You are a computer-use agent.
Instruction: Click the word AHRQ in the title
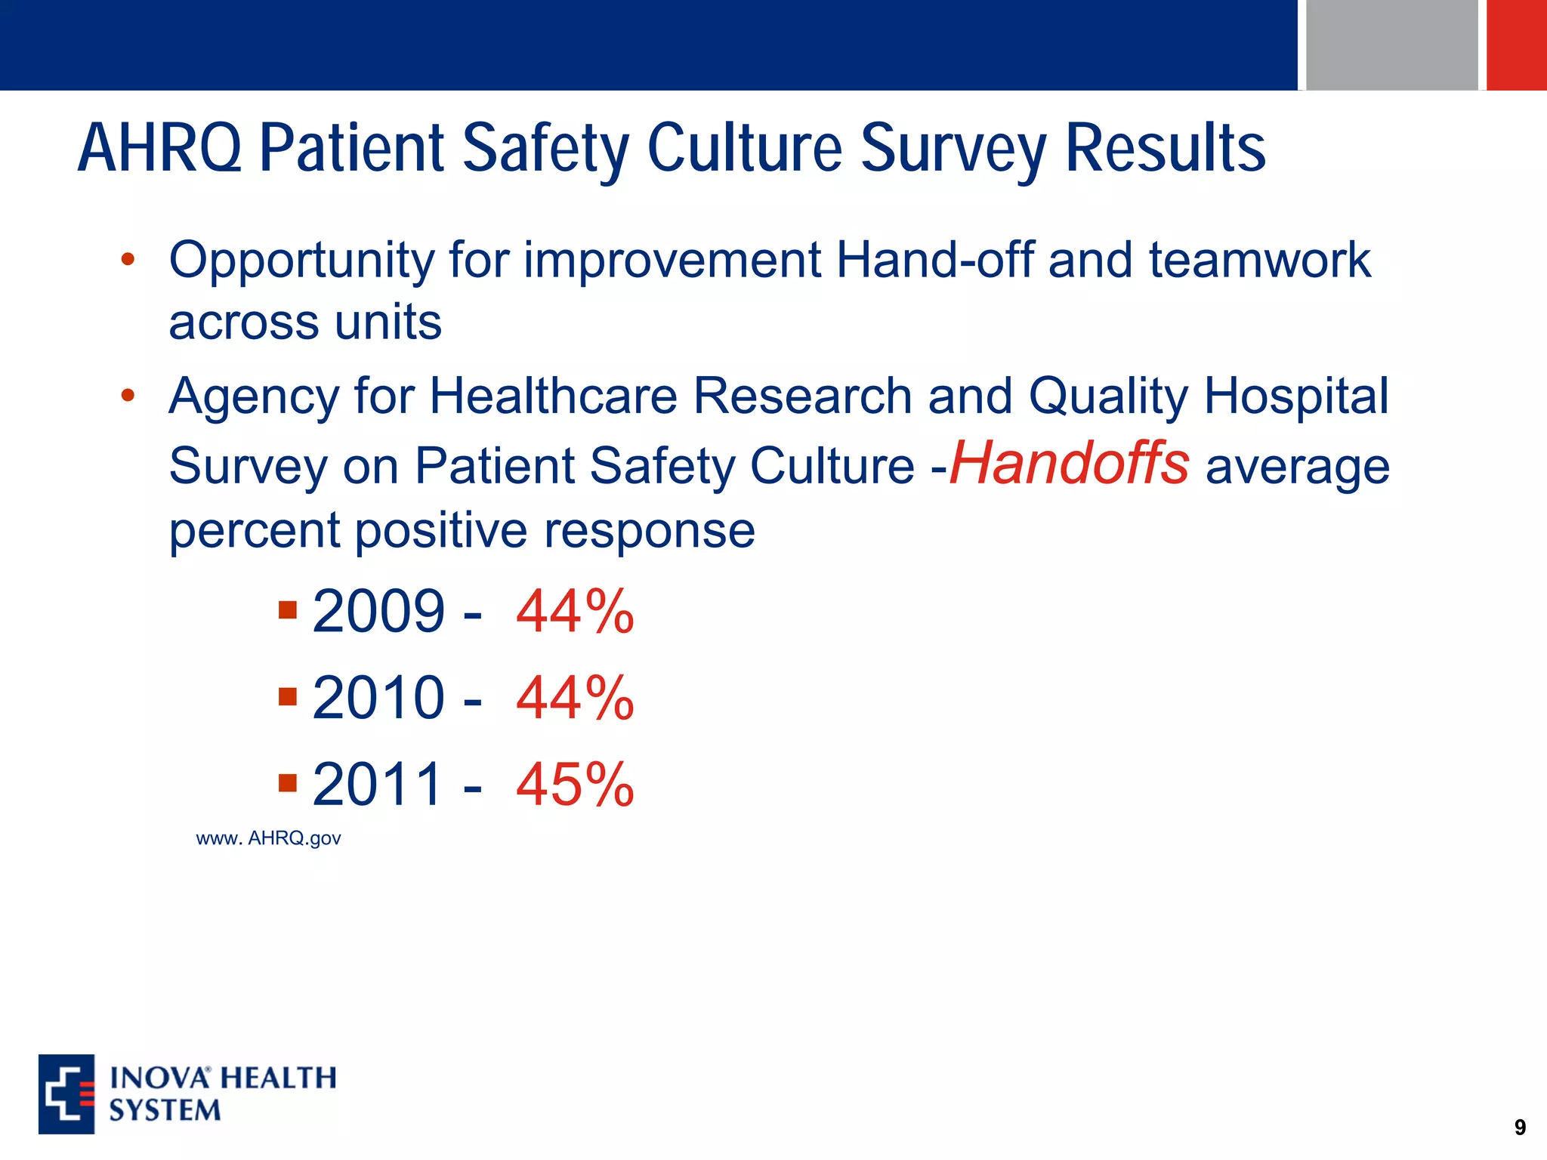pyautogui.click(x=160, y=149)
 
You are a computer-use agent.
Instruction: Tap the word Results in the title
pyautogui.click(x=1165, y=149)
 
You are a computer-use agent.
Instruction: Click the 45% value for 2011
pyautogui.click(x=575, y=785)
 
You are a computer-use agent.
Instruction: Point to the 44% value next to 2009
pyautogui.click(x=575, y=612)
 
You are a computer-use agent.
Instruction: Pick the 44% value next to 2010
pyautogui.click(x=575, y=698)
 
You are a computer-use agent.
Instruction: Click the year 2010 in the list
pyautogui.click(x=378, y=698)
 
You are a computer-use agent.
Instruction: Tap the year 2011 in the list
pyautogui.click(x=378, y=785)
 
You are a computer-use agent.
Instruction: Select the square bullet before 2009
pyautogui.click(x=287, y=609)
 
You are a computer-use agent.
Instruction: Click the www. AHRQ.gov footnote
pyautogui.click(x=268, y=838)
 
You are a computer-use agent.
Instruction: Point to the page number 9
pyautogui.click(x=1520, y=1128)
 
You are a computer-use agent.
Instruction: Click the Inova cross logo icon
pyautogui.click(x=66, y=1094)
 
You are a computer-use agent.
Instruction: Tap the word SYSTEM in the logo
pyautogui.click(x=165, y=1111)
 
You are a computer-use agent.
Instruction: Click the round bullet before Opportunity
pyautogui.click(x=128, y=260)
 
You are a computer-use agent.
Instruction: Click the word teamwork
pyautogui.click(x=1259, y=261)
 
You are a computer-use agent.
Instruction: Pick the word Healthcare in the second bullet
pyautogui.click(x=553, y=396)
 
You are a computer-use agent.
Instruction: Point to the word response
pyautogui.click(x=649, y=530)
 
